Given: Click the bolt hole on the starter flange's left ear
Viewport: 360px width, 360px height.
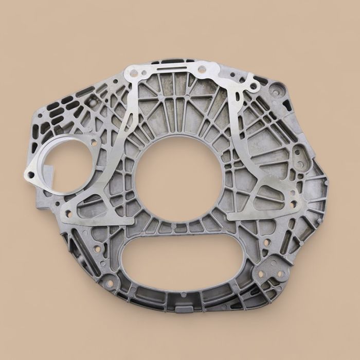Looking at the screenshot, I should click(x=31, y=175).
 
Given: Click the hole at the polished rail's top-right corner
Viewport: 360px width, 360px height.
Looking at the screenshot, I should click(x=202, y=68).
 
